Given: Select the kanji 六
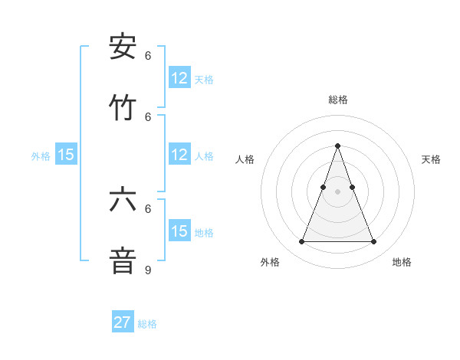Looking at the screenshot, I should (123, 200).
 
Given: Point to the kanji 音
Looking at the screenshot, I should (123, 260).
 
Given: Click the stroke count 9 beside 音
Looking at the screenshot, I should (148, 270).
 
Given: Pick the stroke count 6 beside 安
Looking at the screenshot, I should (148, 55).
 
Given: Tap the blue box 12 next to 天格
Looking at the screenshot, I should (179, 78).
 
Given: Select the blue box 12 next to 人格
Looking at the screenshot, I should (179, 155).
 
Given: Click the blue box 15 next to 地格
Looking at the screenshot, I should (179, 231).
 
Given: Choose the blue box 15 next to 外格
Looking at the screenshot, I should (66, 155).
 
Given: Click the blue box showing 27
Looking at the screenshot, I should (123, 322).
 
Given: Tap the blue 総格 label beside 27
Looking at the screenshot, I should (147, 324).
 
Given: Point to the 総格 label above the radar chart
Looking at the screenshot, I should (337, 100).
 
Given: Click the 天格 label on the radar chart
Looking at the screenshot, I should (431, 159).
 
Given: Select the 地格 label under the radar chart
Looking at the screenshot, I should (402, 262).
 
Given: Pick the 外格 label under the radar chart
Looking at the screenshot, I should (270, 262).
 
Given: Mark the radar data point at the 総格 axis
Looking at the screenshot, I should (337, 146).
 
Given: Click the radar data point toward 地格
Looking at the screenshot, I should (373, 241).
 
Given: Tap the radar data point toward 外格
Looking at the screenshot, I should (301, 241).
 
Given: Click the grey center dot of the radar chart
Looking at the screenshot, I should (337, 191).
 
